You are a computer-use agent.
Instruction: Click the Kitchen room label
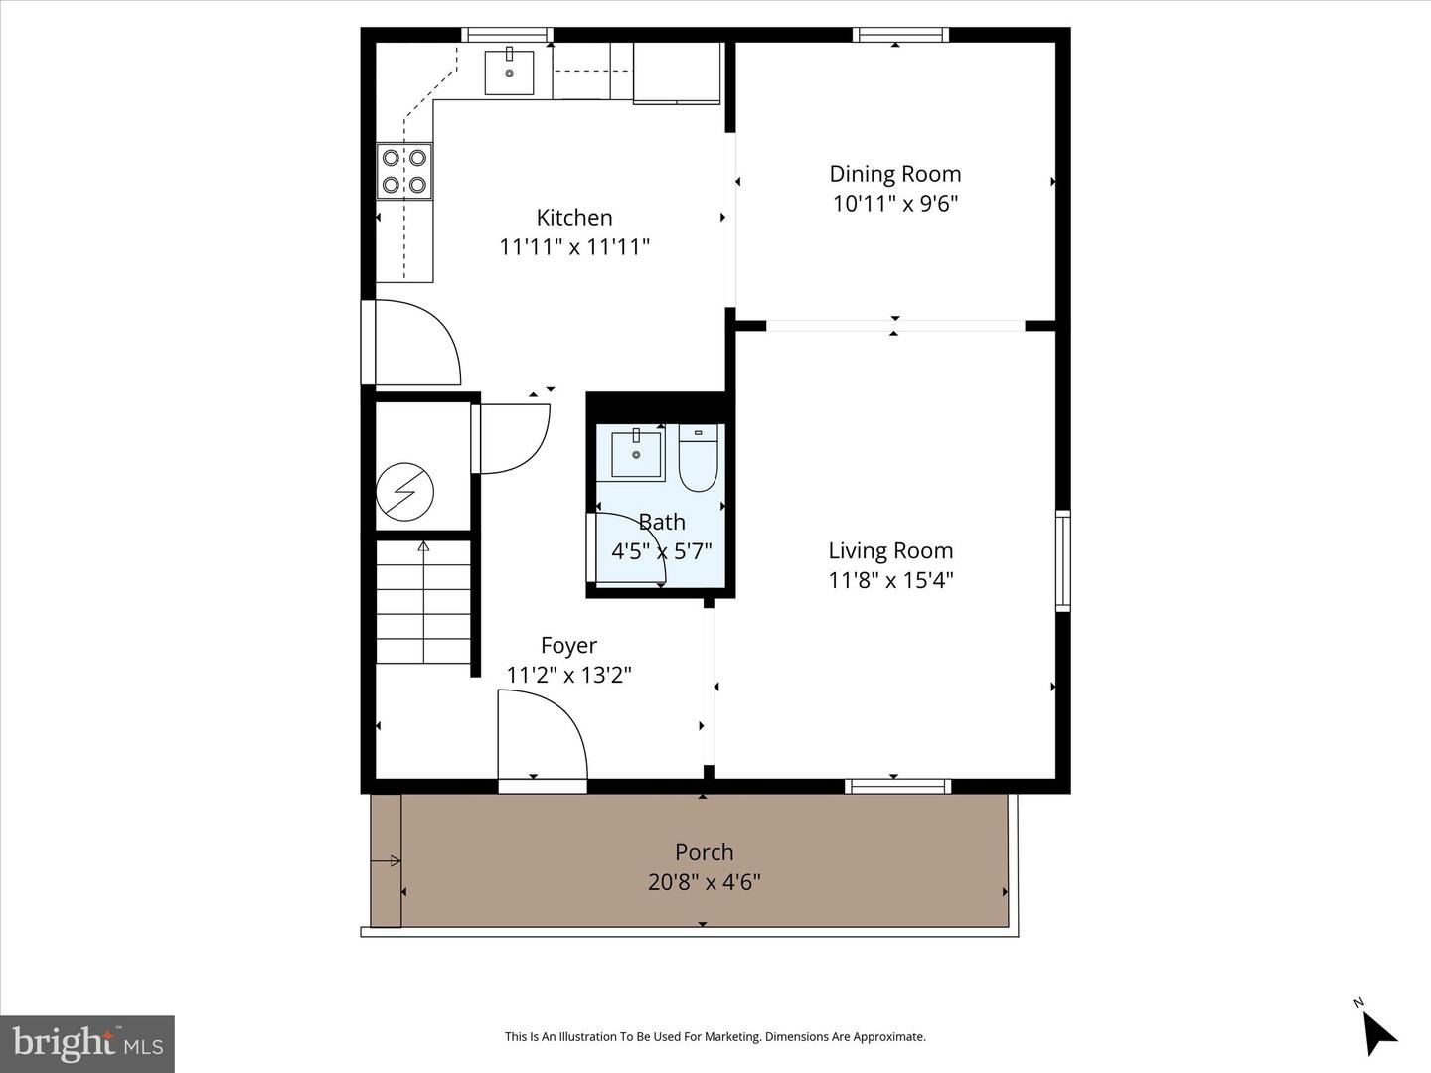click(574, 218)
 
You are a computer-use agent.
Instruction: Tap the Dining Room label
click(894, 174)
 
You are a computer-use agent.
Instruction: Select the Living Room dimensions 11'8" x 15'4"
click(890, 580)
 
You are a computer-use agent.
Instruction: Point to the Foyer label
click(568, 646)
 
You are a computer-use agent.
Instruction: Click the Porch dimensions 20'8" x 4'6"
click(704, 882)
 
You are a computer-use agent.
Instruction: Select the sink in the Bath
click(636, 454)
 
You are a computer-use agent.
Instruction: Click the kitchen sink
click(509, 71)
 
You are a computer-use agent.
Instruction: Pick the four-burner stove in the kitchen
click(404, 171)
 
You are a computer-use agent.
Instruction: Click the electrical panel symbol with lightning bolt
click(404, 491)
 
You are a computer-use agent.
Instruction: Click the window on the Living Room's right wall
click(1062, 559)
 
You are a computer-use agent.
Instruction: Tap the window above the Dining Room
click(900, 35)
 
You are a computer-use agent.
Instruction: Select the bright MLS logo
click(87, 1043)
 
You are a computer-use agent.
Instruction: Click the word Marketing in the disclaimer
click(730, 1037)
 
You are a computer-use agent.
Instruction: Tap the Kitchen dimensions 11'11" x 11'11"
click(574, 246)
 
